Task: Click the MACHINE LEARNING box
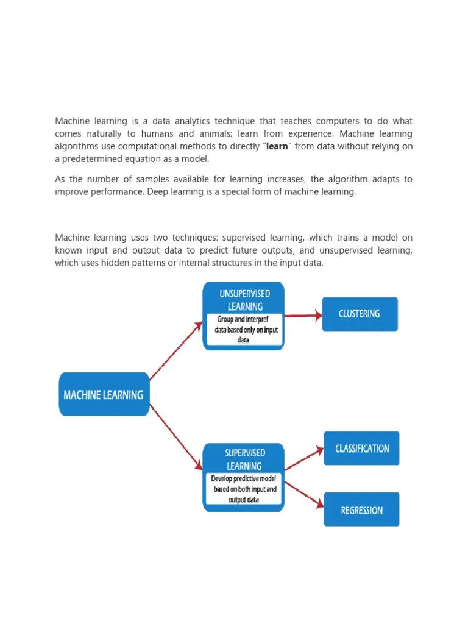tap(104, 394)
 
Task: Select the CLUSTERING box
tap(360, 314)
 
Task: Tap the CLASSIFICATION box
tap(362, 448)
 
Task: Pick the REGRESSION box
tap(362, 510)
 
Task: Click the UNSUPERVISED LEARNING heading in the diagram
tap(245, 300)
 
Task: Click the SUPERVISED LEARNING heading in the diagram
tap(244, 459)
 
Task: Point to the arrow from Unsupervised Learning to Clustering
tap(303, 316)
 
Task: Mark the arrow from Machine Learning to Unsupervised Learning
tap(176, 351)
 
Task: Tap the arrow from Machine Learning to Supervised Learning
tap(176, 437)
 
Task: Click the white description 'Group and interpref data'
tap(244, 329)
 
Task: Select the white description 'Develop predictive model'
tap(244, 489)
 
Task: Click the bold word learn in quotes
tap(277, 146)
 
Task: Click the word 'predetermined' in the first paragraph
tap(90, 159)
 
